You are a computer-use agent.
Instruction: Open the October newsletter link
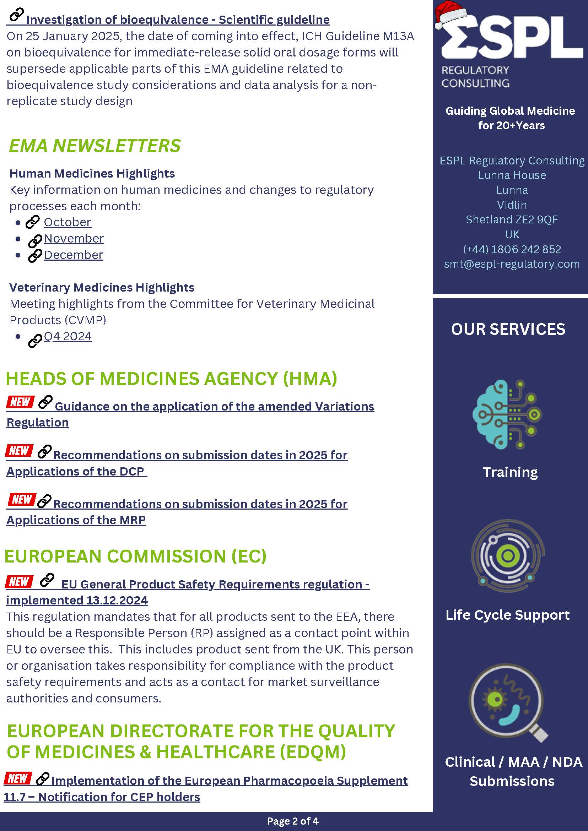68,222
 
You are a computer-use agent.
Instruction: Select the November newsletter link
74,239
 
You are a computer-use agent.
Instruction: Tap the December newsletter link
74,255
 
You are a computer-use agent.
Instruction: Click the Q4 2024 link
68,336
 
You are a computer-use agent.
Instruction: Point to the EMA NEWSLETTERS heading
95,146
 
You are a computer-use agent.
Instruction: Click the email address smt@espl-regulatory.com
512,264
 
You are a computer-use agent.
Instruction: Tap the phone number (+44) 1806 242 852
512,249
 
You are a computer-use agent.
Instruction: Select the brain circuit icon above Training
507,414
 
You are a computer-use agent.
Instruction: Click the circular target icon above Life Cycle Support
508,555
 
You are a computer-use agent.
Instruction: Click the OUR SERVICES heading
508,329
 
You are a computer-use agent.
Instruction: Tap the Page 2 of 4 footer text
292,821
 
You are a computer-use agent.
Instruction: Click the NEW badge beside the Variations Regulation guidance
20,402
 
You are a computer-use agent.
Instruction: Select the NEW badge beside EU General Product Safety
19,581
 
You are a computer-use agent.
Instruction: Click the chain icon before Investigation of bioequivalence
16,15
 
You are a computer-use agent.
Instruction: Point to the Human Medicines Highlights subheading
92,173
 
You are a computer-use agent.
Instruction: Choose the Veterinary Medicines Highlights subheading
102,287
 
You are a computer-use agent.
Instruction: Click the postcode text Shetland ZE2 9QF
512,219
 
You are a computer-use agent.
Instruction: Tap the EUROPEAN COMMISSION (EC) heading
135,556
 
